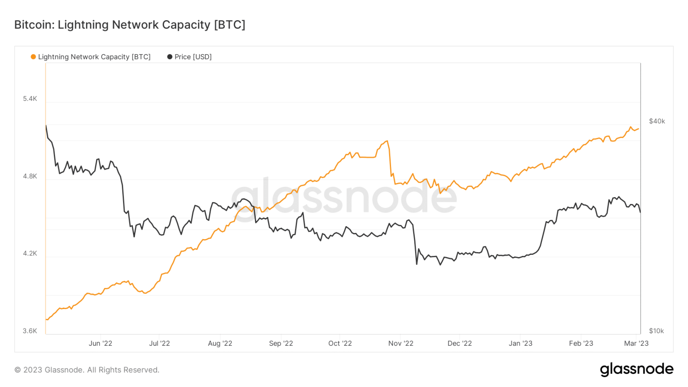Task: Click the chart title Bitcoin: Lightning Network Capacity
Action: pyautogui.click(x=129, y=25)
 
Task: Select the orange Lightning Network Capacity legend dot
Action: pyautogui.click(x=33, y=57)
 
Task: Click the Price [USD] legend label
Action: pyautogui.click(x=193, y=57)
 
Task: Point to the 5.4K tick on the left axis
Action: pyautogui.click(x=30, y=99)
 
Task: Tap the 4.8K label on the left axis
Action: pyautogui.click(x=30, y=176)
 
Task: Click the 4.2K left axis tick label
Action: pyautogui.click(x=30, y=254)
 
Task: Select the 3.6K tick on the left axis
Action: pyautogui.click(x=30, y=331)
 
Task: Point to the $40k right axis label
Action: pyautogui.click(x=657, y=121)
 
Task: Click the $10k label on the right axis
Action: pyautogui.click(x=656, y=331)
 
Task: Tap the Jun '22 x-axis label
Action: pyautogui.click(x=100, y=344)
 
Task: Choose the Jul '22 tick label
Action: pyautogui.click(x=159, y=344)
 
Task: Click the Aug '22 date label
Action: pyautogui.click(x=220, y=344)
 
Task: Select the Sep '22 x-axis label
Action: pyautogui.click(x=281, y=344)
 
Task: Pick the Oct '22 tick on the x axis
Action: pyautogui.click(x=340, y=344)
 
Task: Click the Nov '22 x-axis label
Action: pyautogui.click(x=401, y=344)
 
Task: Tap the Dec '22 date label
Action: pyautogui.click(x=460, y=344)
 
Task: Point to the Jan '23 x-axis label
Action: pyautogui.click(x=520, y=344)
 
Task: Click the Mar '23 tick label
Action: pyautogui.click(x=636, y=344)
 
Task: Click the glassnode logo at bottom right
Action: pyautogui.click(x=636, y=369)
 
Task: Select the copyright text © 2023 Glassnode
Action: pyautogui.click(x=87, y=370)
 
